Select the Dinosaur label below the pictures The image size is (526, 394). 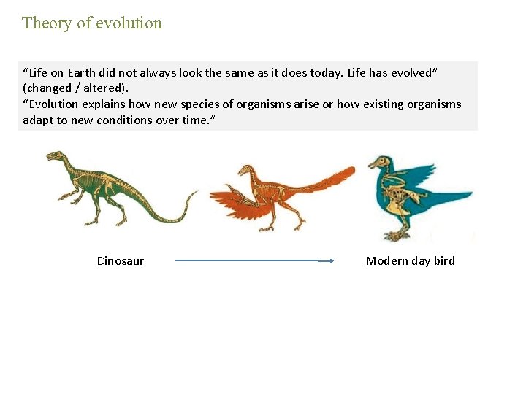121,261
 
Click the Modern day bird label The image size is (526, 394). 410,261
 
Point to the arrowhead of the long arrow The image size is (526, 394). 330,260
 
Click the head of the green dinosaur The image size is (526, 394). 55,156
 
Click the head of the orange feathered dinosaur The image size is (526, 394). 244,171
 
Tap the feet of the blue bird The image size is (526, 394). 398,234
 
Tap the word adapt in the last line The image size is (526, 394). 37,120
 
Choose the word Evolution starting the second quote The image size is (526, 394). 55,104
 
